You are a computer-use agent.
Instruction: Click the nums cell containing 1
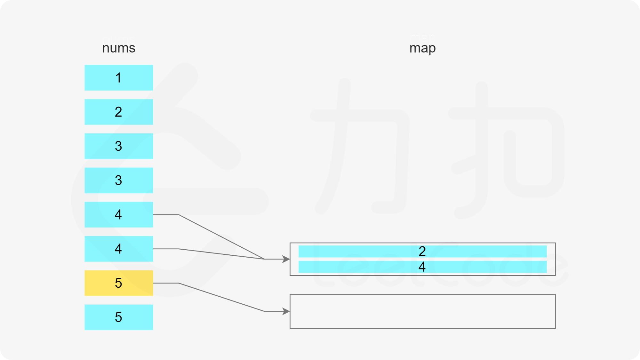119,78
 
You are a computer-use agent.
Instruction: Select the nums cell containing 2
119,112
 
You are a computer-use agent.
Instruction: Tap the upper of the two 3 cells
119,146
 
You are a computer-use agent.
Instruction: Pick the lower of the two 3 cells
119,180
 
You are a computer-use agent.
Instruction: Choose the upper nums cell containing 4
119,215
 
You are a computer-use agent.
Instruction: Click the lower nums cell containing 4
119,249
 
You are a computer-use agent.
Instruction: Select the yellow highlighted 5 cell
119,283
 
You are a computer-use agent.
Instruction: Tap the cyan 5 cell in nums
119,317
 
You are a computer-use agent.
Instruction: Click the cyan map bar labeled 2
422,252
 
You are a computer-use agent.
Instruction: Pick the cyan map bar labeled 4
422,267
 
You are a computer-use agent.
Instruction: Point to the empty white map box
422,311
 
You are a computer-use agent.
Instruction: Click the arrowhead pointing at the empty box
286,311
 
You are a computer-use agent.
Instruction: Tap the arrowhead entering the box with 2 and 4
286,259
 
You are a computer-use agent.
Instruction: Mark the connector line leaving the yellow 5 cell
221,297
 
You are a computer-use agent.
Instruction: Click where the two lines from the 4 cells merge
264,259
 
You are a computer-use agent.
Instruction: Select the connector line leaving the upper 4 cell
221,236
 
